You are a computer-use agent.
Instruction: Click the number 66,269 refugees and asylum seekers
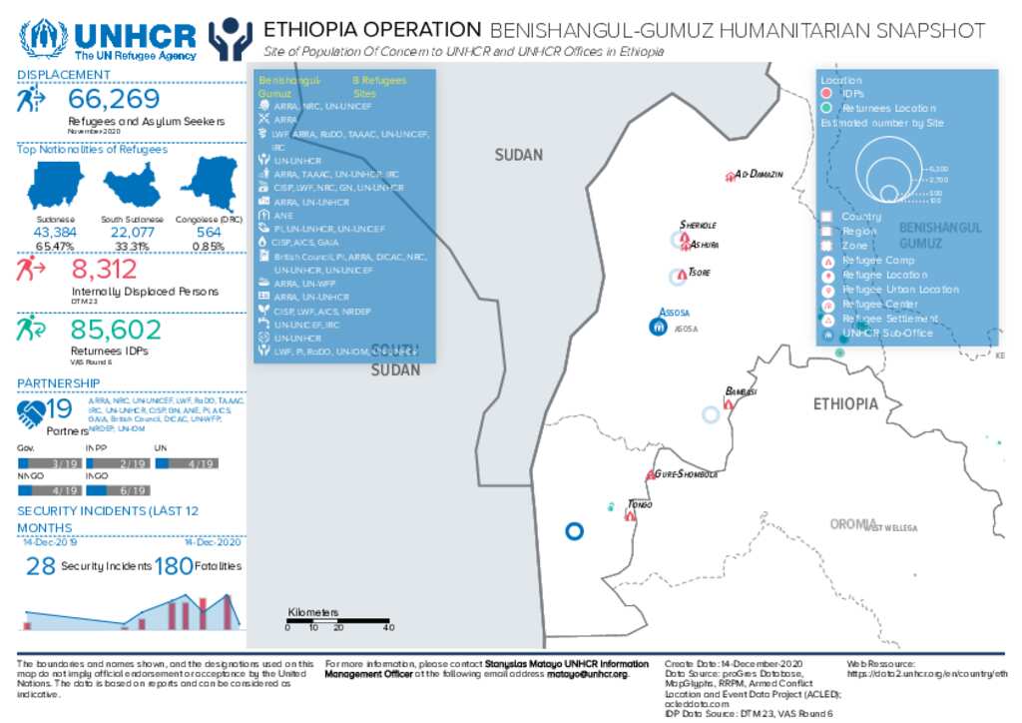click(x=114, y=99)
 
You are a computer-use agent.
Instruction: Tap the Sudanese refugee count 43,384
click(x=55, y=232)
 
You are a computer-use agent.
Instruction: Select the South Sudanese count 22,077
click(x=132, y=232)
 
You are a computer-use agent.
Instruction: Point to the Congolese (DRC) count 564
click(x=208, y=232)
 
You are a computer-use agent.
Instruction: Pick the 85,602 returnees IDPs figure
click(x=116, y=331)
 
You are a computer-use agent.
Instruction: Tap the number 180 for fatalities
click(x=173, y=566)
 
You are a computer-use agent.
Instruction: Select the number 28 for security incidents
click(x=40, y=566)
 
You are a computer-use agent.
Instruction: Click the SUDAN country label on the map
click(x=519, y=155)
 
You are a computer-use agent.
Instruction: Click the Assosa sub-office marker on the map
click(x=658, y=327)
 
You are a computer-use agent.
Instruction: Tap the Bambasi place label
click(x=742, y=390)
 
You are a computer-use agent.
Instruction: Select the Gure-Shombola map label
click(x=687, y=474)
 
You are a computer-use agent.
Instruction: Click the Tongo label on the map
click(x=640, y=504)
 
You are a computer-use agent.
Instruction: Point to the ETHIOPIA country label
click(x=844, y=404)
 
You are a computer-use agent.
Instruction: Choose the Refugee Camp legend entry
click(x=878, y=260)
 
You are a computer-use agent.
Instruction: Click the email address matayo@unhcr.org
click(x=587, y=674)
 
